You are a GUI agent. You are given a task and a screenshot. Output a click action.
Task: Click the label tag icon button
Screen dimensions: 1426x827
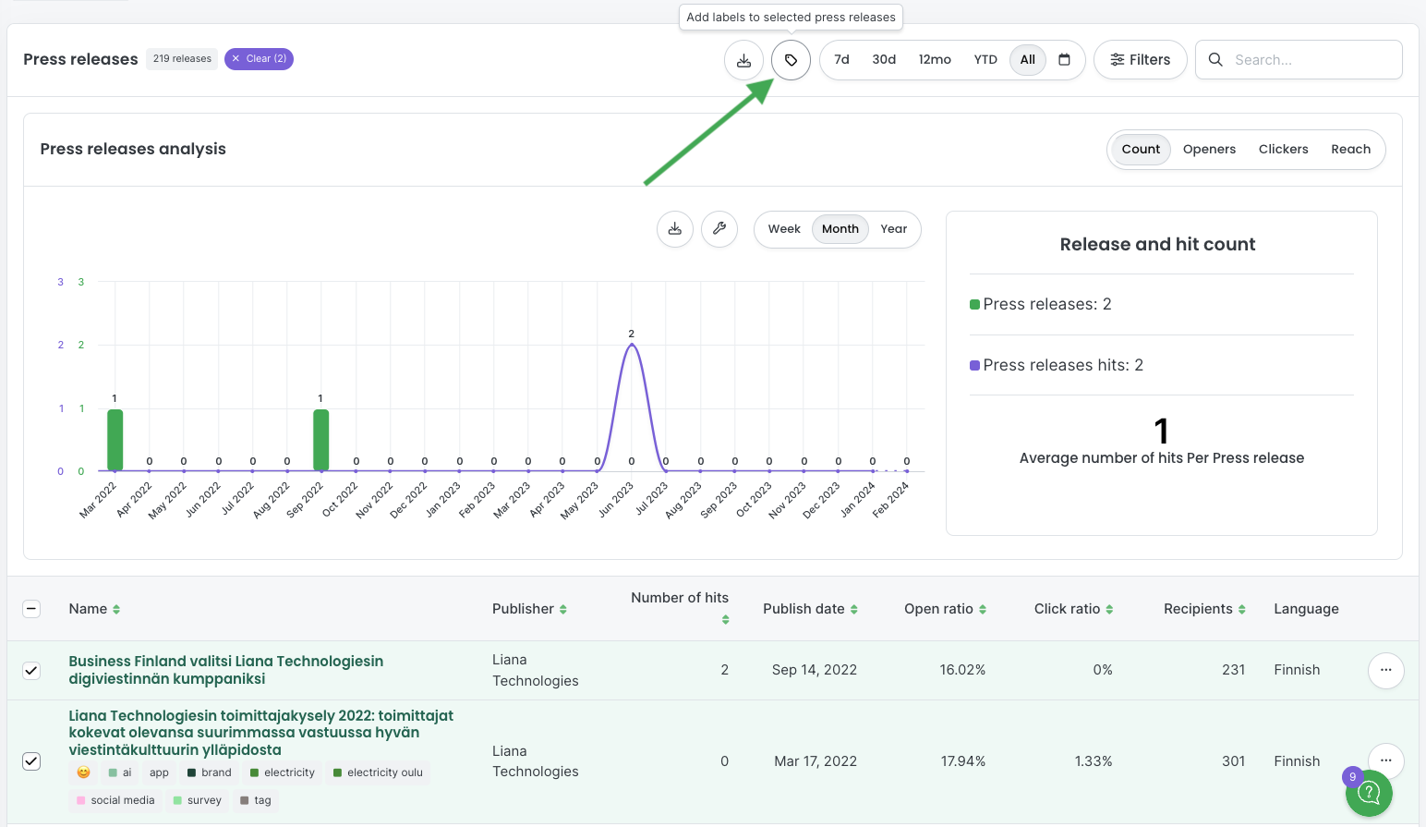click(791, 60)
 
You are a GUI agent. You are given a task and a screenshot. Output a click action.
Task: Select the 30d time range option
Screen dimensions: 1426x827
click(884, 60)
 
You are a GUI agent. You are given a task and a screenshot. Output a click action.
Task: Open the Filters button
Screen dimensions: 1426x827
click(1141, 60)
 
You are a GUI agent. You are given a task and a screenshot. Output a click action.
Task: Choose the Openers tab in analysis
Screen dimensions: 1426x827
click(1209, 149)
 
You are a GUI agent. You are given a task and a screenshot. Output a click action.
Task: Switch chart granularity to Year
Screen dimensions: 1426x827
click(893, 229)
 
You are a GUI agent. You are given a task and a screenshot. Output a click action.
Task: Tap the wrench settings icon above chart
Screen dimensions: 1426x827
click(719, 229)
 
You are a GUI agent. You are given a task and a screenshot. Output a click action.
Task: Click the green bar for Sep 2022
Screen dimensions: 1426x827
click(320, 440)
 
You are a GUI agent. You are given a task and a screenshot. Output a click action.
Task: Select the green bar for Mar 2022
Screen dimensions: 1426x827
click(115, 440)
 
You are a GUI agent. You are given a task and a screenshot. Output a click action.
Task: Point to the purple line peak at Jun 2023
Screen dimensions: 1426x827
click(632, 345)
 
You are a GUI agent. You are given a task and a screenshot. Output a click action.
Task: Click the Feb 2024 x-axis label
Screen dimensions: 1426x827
click(891, 500)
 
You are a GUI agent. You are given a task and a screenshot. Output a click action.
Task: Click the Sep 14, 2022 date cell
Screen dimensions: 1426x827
click(815, 670)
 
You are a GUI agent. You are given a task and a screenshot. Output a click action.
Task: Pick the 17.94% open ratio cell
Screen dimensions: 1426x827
click(962, 761)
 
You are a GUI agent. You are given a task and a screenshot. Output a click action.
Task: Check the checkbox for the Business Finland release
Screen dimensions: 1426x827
click(31, 670)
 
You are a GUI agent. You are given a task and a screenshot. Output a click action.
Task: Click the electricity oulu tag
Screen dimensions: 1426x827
click(378, 772)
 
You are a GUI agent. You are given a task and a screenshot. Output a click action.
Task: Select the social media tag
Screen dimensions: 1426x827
click(115, 800)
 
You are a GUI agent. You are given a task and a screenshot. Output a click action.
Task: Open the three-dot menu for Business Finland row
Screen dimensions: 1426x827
click(1385, 670)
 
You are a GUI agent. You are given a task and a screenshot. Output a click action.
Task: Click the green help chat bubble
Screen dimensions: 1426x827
click(1369, 793)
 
